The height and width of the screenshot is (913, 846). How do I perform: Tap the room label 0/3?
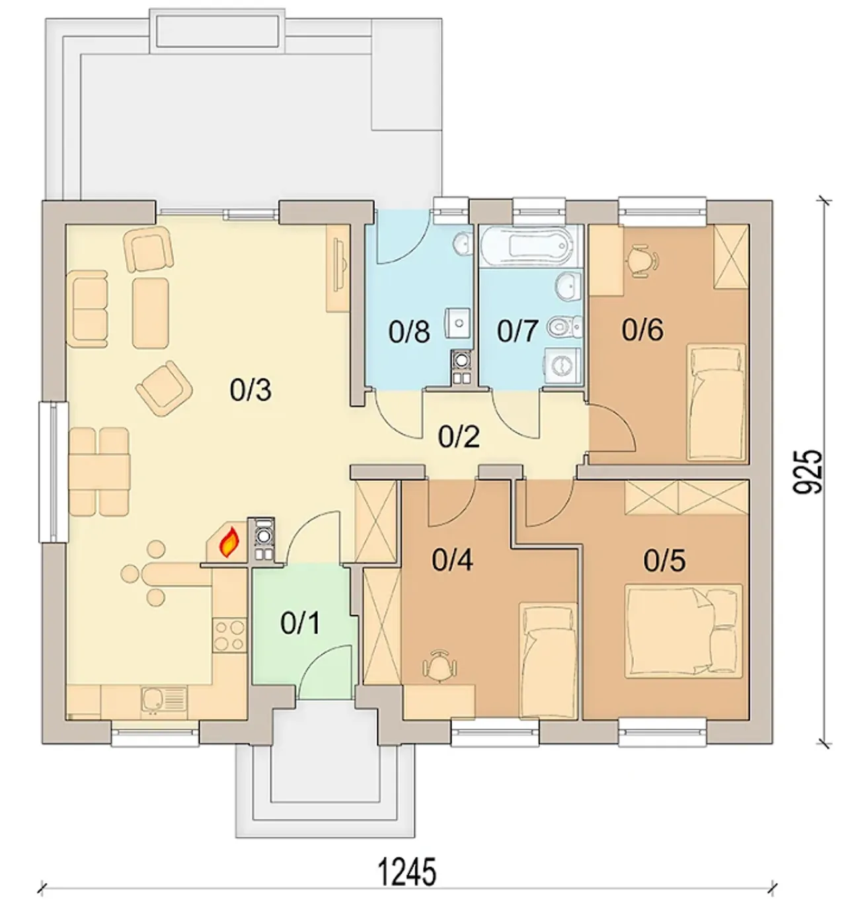pyautogui.click(x=250, y=390)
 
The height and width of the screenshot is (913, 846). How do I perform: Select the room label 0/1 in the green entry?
pyautogui.click(x=300, y=623)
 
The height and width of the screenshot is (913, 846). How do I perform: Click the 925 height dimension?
pyautogui.click(x=808, y=471)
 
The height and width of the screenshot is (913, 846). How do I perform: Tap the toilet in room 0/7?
pyautogui.click(x=564, y=327)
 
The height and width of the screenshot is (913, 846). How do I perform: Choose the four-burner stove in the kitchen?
pyautogui.click(x=229, y=636)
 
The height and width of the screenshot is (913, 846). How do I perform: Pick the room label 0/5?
pyautogui.click(x=664, y=561)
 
